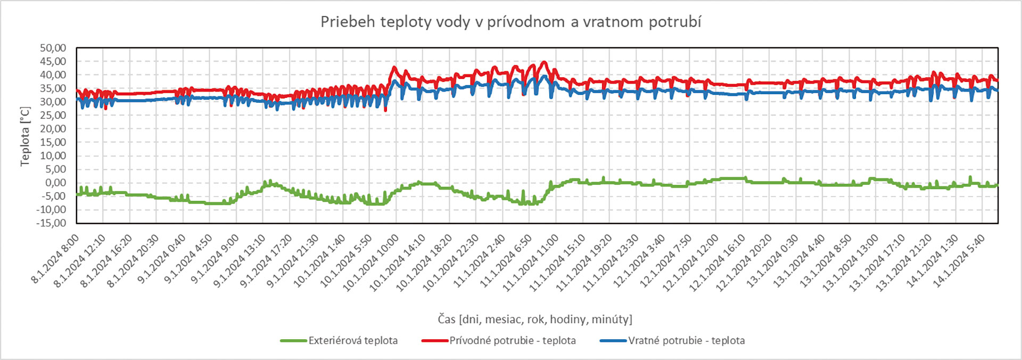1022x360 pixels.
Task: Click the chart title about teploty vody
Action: click(x=510, y=22)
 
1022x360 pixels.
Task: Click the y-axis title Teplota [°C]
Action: click(x=25, y=136)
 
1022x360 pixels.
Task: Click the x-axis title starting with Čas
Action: click(x=535, y=319)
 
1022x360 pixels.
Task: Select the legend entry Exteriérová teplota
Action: click(x=353, y=340)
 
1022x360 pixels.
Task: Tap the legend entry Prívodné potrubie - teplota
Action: click(x=512, y=340)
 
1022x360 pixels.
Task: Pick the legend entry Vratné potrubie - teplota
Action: click(x=686, y=340)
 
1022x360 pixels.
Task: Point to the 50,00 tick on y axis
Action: click(x=53, y=48)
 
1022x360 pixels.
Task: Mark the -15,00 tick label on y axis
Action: click(x=51, y=223)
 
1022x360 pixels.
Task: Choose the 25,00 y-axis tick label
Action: click(x=53, y=115)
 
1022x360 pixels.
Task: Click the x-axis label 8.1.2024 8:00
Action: click(x=55, y=259)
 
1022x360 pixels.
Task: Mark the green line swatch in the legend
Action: click(x=293, y=340)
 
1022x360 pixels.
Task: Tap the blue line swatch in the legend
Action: click(x=613, y=340)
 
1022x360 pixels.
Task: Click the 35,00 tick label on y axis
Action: click(x=53, y=88)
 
